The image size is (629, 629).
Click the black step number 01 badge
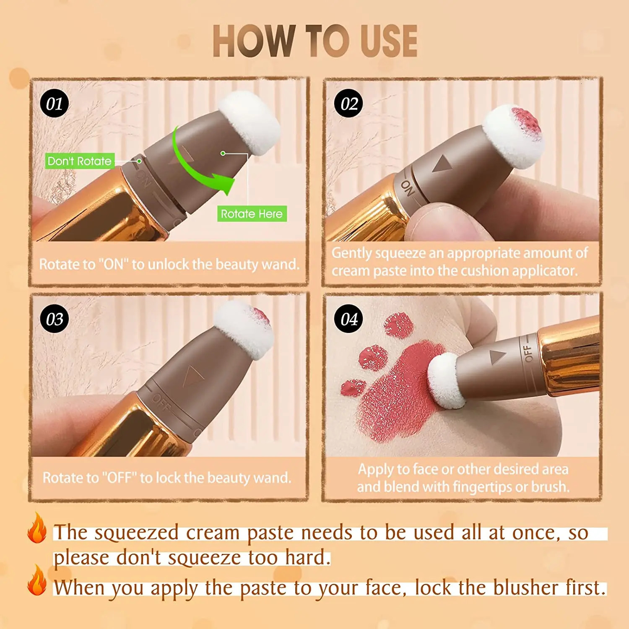pyautogui.click(x=55, y=104)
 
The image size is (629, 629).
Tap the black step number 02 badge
pyautogui.click(x=348, y=104)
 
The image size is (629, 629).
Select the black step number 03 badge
pyautogui.click(x=55, y=319)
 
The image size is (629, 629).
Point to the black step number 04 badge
pyautogui.click(x=348, y=319)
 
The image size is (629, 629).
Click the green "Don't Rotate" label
pyautogui.click(x=80, y=161)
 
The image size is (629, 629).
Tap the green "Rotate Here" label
pyautogui.click(x=252, y=214)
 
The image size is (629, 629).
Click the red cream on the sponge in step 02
pyautogui.click(x=526, y=120)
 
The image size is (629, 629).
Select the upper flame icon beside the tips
pyautogui.click(x=37, y=529)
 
